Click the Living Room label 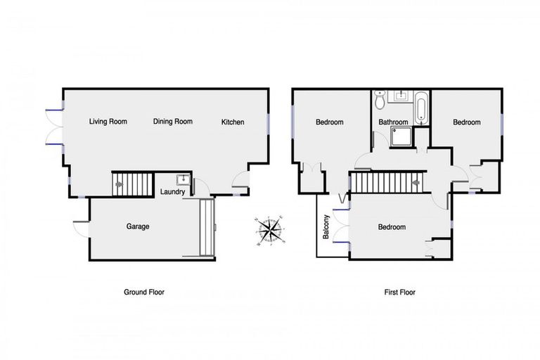[x=108, y=122]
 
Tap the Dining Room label [x=173, y=122]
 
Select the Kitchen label [x=233, y=122]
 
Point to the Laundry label [x=173, y=192]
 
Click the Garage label [x=138, y=226]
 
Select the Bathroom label [x=393, y=122]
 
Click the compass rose [x=270, y=229]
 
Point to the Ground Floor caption [x=144, y=291]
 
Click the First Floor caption [x=399, y=291]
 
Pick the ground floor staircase [x=133, y=185]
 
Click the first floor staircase [x=385, y=184]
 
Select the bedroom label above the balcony [x=329, y=122]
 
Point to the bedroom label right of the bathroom [x=466, y=122]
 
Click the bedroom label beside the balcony [x=392, y=227]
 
